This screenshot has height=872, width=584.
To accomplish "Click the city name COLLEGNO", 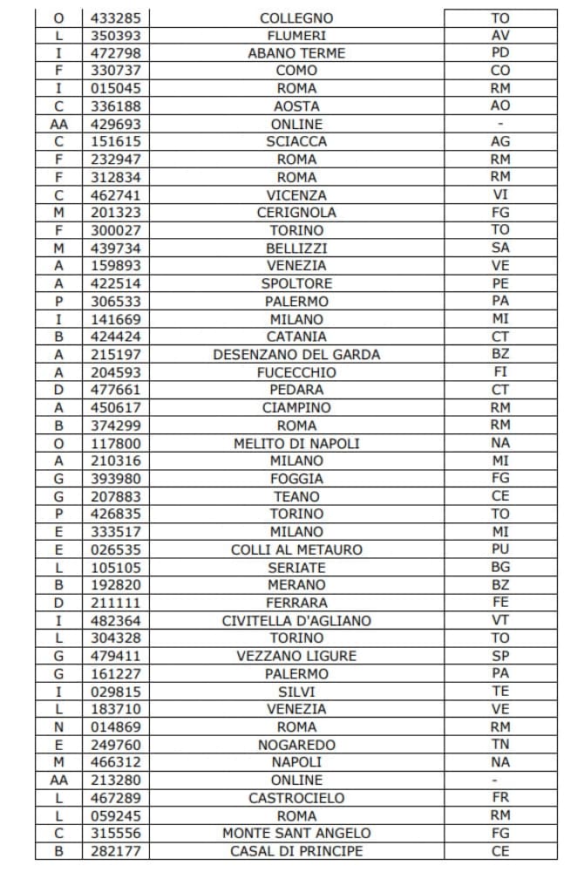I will click(x=296, y=17).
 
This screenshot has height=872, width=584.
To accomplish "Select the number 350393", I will click(x=115, y=36).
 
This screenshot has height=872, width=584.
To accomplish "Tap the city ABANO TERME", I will click(x=296, y=53).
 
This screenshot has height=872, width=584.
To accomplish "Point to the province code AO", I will click(x=500, y=106).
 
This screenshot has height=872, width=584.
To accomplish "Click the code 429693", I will click(x=115, y=124).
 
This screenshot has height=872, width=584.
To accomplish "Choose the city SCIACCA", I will click(x=296, y=141).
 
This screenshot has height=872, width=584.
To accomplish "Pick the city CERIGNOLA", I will click(x=296, y=213).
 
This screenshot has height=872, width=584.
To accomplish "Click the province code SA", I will click(x=500, y=248).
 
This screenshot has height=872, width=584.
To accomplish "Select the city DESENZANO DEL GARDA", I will click(x=296, y=355).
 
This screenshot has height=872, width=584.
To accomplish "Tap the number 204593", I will click(x=115, y=372).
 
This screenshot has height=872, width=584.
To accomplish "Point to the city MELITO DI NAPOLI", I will click(x=296, y=443).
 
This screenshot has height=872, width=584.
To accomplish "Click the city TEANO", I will click(x=296, y=496).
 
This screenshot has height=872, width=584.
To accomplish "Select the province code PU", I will click(x=500, y=549).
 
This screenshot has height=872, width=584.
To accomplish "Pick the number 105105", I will click(x=115, y=568).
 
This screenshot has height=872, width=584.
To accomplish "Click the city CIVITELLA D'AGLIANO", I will click(x=296, y=621).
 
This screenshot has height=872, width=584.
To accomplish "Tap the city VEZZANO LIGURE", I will click(x=296, y=656).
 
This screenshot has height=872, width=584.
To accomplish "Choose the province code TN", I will click(x=500, y=745).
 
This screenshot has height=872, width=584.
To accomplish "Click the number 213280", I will click(x=115, y=780).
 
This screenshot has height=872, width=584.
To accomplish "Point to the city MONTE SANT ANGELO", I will click(x=296, y=834).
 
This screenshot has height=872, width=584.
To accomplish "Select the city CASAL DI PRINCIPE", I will click(x=296, y=851).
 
